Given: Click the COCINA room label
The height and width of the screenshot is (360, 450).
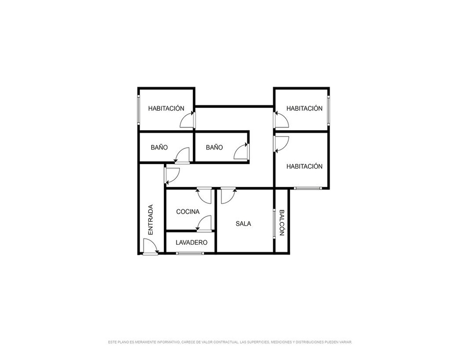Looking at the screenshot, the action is tap(188, 212).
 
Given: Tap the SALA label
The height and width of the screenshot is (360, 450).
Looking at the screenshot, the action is tap(243, 224).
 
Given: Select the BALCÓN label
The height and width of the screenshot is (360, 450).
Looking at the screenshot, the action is tap(282, 223).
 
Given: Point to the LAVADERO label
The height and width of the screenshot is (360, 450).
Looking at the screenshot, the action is tap(191, 243).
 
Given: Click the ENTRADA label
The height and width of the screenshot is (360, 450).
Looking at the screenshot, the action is tap(150, 220).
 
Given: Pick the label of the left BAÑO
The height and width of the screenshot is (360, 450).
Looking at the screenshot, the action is tap(159, 148).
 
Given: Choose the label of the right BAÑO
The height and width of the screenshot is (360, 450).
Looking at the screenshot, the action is tap(214, 148).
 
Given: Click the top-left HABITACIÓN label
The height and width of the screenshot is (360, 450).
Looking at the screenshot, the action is tap(166, 108).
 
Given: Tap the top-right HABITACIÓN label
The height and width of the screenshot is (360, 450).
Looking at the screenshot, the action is tap(305, 108).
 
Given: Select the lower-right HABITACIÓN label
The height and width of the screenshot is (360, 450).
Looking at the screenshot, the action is tap(305, 166).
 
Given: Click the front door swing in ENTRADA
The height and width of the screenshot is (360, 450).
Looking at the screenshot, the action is tap(150, 247).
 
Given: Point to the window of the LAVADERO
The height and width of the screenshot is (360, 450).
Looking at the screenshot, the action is tap(190, 253).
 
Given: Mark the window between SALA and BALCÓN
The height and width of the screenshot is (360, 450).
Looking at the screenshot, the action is tap(274, 224).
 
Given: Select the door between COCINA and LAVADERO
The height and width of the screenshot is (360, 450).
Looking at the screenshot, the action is tap(204, 224).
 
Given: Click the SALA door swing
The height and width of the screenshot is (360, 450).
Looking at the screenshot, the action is tap(229, 195).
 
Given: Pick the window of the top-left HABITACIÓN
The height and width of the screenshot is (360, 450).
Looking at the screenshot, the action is tap(139, 109).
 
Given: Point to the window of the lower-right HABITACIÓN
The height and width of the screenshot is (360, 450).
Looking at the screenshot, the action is tap(308, 189).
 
